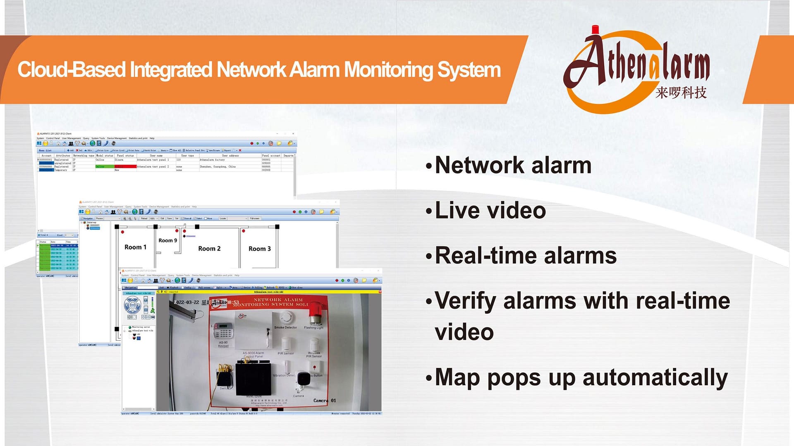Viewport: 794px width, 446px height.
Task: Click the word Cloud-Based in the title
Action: [71, 69]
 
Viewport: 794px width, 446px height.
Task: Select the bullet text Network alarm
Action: [513, 165]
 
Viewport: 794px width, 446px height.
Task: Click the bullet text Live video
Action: [490, 210]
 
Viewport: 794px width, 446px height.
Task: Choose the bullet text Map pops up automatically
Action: [581, 377]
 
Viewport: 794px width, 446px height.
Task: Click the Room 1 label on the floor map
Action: [135, 247]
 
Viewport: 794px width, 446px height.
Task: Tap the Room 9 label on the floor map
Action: [167, 240]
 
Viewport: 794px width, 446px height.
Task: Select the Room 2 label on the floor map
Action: [209, 249]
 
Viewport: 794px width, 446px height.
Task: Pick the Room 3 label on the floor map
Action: [260, 249]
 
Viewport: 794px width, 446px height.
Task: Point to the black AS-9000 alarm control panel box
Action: [253, 378]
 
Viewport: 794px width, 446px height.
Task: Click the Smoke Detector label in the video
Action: [285, 327]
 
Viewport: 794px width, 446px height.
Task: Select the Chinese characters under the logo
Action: [681, 93]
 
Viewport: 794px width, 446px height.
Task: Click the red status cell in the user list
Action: [125, 166]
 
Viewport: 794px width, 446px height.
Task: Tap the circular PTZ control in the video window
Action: [132, 306]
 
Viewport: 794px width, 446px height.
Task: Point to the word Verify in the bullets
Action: [465, 301]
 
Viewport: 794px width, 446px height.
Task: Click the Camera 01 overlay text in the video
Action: [325, 401]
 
